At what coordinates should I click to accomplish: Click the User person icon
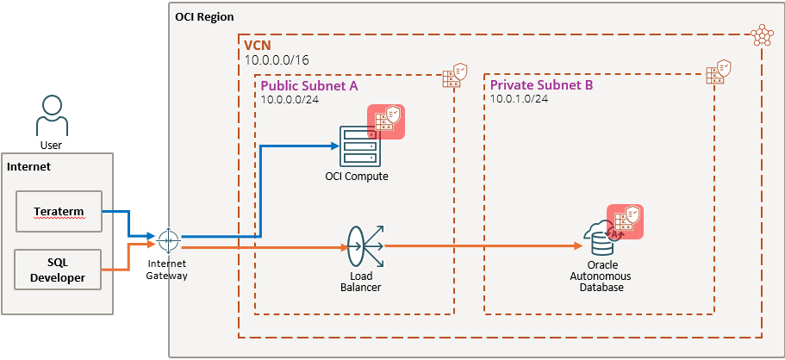(x=52, y=116)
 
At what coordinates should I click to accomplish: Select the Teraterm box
(x=59, y=211)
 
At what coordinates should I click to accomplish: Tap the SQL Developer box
(x=59, y=270)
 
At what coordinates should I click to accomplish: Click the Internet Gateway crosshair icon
(x=168, y=241)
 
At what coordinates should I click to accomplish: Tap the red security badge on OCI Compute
(x=386, y=121)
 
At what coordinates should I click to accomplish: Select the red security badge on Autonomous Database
(x=625, y=222)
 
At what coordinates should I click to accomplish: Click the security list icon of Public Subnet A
(x=455, y=76)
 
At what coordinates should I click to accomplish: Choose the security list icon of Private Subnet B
(x=719, y=72)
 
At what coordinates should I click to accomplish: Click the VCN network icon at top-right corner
(x=762, y=35)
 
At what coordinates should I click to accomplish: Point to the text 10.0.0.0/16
(x=277, y=60)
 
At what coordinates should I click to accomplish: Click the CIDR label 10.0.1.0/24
(x=519, y=99)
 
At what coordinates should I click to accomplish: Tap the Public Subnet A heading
(x=309, y=85)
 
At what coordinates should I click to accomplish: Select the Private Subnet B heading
(x=541, y=85)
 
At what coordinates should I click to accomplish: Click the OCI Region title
(x=204, y=17)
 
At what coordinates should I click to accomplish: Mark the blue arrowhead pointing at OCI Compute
(x=335, y=146)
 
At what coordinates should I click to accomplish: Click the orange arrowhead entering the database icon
(x=577, y=245)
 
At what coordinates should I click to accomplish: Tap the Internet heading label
(x=28, y=167)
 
